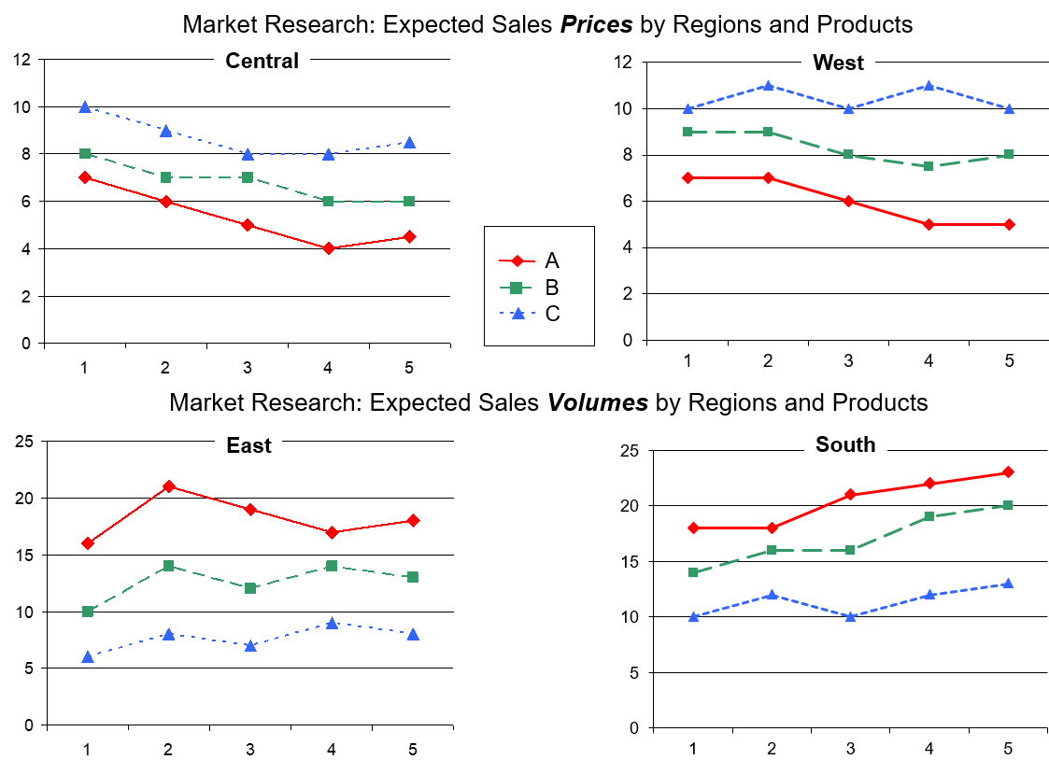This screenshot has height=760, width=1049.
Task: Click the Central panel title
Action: [x=262, y=62]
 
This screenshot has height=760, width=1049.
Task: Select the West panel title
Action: [x=838, y=63]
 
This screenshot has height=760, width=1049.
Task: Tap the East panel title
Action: [x=248, y=445]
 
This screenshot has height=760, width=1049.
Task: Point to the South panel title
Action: [x=845, y=444]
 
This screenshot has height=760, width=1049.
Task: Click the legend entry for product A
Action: [x=551, y=260]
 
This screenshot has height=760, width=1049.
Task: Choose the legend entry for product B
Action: [x=551, y=287]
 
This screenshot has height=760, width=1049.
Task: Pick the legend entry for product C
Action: [x=552, y=314]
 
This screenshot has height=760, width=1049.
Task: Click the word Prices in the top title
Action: [x=595, y=24]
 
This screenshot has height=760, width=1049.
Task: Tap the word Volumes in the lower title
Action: [x=598, y=402]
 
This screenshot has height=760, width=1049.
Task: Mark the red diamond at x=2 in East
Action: [x=168, y=486]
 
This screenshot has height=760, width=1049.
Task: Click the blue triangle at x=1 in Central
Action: [x=85, y=107]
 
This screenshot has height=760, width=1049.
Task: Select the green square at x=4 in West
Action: [x=929, y=166]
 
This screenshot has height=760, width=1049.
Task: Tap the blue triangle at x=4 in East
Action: [x=332, y=623]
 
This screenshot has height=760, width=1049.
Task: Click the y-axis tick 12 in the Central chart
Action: [x=22, y=60]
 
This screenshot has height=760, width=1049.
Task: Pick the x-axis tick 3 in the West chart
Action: [x=848, y=361]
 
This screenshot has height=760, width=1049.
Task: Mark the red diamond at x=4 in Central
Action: [x=329, y=248]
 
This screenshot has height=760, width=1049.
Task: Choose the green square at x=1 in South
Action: [x=693, y=572]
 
